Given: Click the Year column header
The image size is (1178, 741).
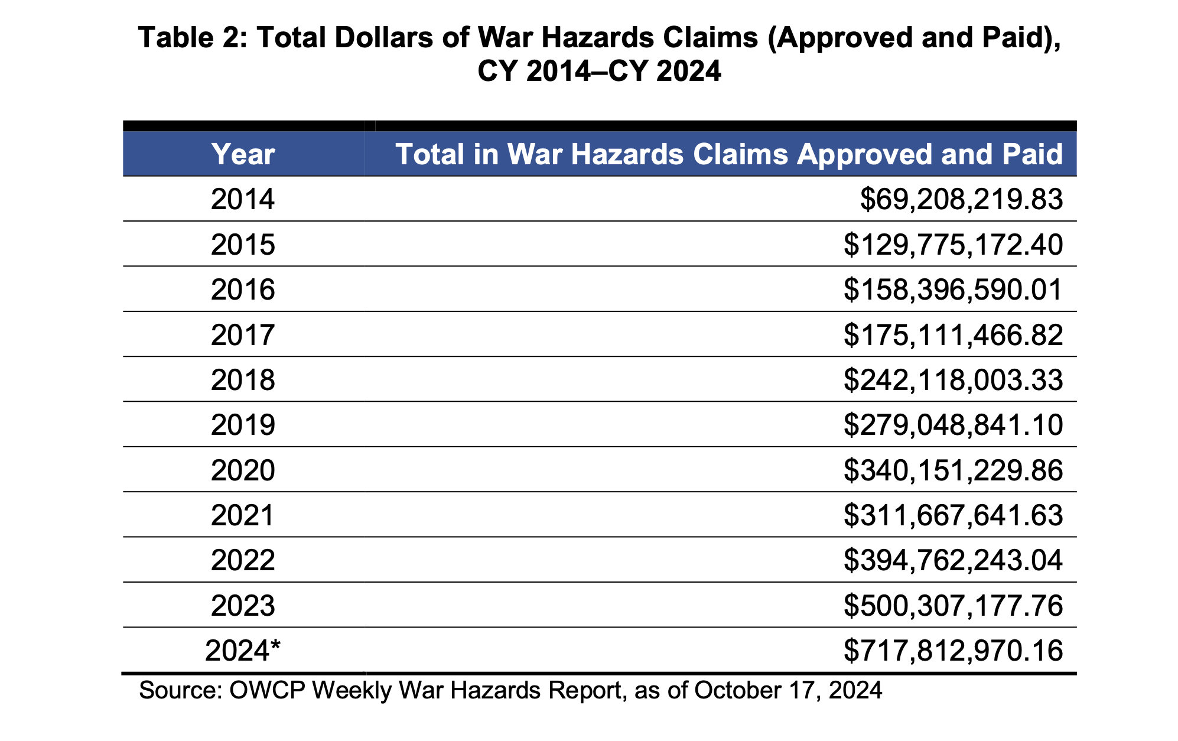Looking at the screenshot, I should pyautogui.click(x=243, y=154).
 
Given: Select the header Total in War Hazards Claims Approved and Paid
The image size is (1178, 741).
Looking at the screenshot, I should pyautogui.click(x=729, y=154).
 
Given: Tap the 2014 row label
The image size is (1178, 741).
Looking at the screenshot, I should pyautogui.click(x=243, y=199).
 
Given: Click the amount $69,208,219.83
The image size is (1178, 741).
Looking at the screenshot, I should pyautogui.click(x=961, y=199).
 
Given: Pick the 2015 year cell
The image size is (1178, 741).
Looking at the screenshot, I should pyautogui.click(x=243, y=245).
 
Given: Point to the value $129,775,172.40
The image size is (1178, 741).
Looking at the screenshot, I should pyautogui.click(x=953, y=245).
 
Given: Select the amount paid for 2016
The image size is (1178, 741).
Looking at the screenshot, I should pyautogui.click(x=953, y=290).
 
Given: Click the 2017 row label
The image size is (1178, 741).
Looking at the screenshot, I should pyautogui.click(x=243, y=335).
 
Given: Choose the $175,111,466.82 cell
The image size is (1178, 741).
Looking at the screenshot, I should pyautogui.click(x=953, y=335).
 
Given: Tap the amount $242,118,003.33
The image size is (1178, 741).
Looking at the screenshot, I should pyautogui.click(x=953, y=380).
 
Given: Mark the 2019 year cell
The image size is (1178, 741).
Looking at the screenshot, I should pyautogui.click(x=243, y=425).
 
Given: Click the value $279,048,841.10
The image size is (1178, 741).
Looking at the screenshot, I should pyautogui.click(x=953, y=425).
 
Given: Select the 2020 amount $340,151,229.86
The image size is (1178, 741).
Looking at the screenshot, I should pyautogui.click(x=953, y=470).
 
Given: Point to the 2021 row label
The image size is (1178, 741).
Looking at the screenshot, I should pyautogui.click(x=243, y=515).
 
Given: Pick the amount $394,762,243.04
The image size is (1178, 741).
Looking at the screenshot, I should pyautogui.click(x=953, y=560).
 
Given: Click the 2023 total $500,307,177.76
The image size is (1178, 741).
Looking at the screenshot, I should pyautogui.click(x=953, y=606).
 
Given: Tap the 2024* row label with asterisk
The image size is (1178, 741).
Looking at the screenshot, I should pyautogui.click(x=243, y=651).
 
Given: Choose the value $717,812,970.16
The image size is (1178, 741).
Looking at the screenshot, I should pyautogui.click(x=953, y=651).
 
